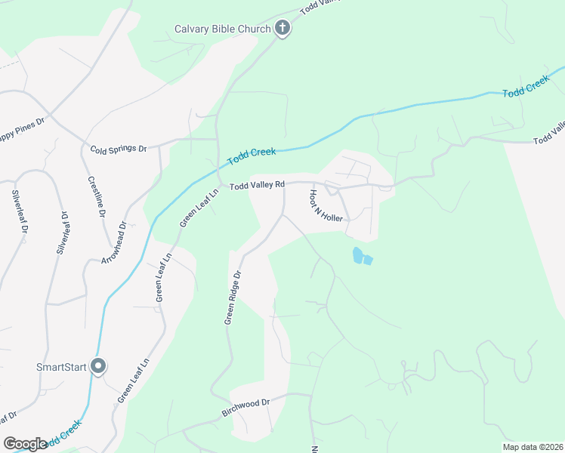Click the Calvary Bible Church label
click(222, 29)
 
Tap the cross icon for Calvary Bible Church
click(282, 29)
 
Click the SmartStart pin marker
click(97, 366)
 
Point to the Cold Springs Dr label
click(118, 149)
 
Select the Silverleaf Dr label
click(20, 211)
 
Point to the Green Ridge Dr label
click(232, 297)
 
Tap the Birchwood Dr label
click(245, 408)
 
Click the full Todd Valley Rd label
click(257, 185)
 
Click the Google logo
click(25, 444)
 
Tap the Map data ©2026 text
click(532, 446)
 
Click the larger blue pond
click(357, 255)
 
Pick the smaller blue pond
click(368, 260)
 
